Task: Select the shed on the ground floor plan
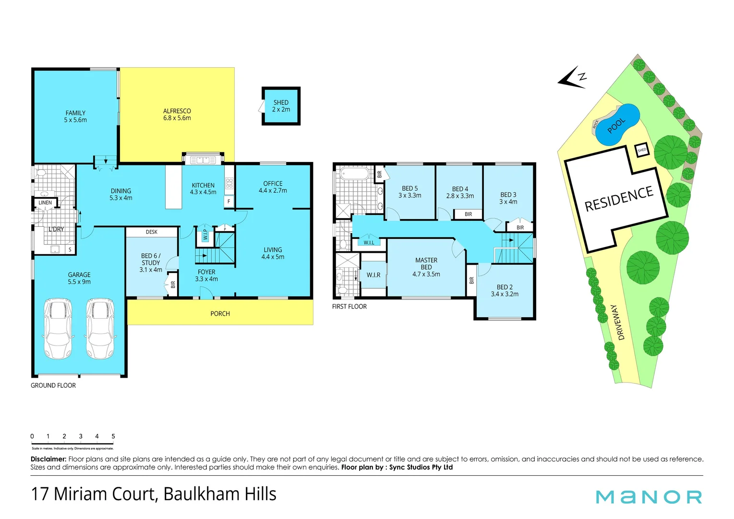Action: coord(281,106)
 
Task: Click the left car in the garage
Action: coord(58,329)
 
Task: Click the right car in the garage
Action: coord(100,329)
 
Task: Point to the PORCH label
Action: coord(220,314)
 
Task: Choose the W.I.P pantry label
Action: coord(205,235)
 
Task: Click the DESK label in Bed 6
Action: coord(152,232)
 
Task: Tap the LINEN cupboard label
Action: coord(45,203)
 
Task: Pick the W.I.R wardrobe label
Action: coord(373,275)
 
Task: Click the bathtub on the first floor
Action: coord(354,173)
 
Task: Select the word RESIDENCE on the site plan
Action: coord(619,199)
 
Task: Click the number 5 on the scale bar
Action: coord(113,436)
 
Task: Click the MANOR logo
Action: coord(649,497)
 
